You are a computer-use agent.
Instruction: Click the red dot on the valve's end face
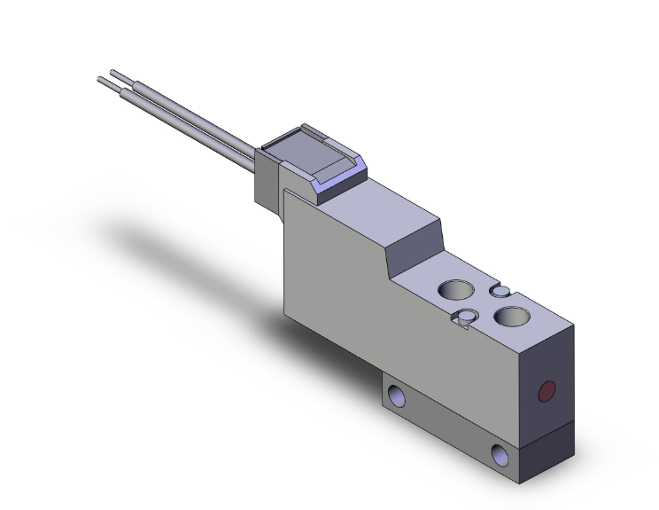547,390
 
